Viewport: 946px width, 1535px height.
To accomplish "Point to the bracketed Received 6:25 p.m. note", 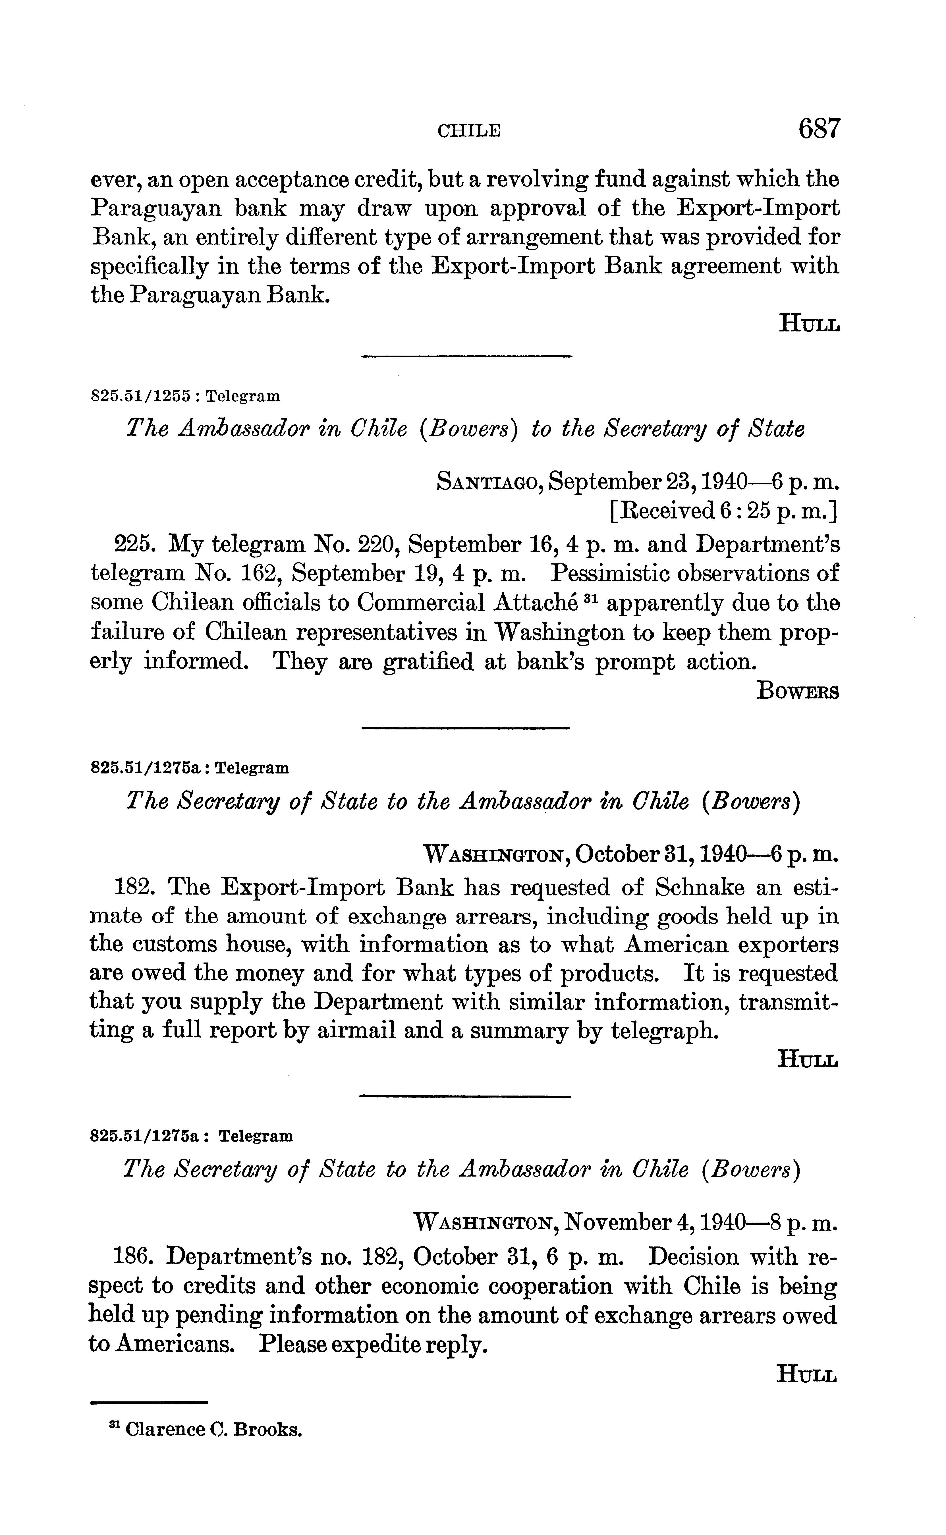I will tap(723, 512).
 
